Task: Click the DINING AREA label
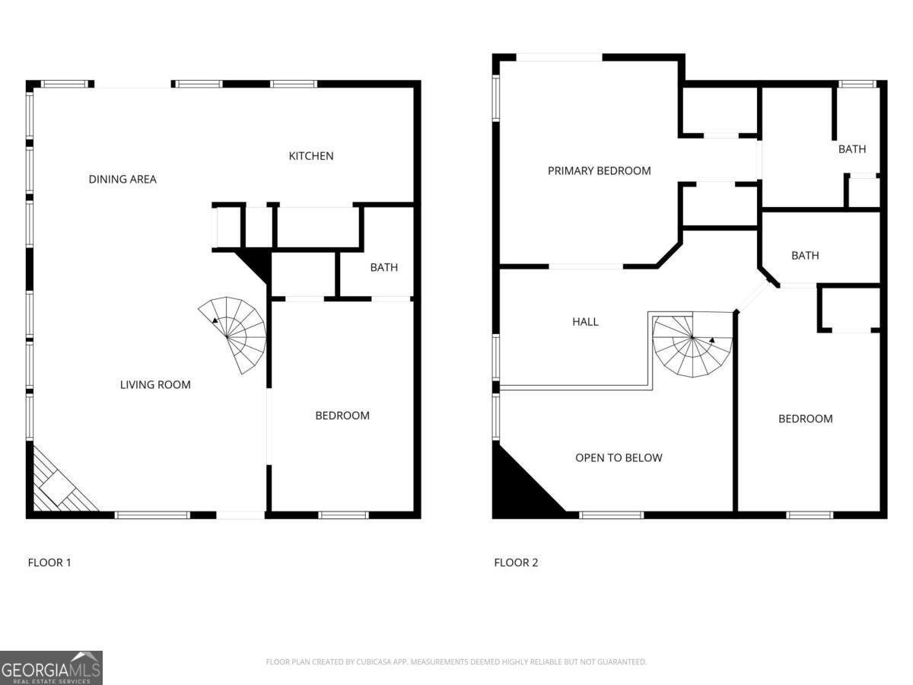(122, 180)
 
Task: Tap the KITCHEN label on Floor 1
(310, 156)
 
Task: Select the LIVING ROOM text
(155, 385)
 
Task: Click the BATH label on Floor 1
(383, 267)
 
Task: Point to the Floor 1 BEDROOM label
(342, 416)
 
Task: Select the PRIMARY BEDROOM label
(599, 171)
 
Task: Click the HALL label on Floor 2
(585, 322)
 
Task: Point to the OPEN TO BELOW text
(618, 458)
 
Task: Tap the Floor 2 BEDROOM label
(805, 419)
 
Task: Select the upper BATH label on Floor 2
(851, 149)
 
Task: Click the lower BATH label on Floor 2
(804, 256)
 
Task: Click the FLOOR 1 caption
(49, 563)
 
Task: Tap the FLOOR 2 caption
(516, 563)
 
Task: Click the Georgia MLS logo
(51, 667)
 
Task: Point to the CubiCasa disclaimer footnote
(456, 662)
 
